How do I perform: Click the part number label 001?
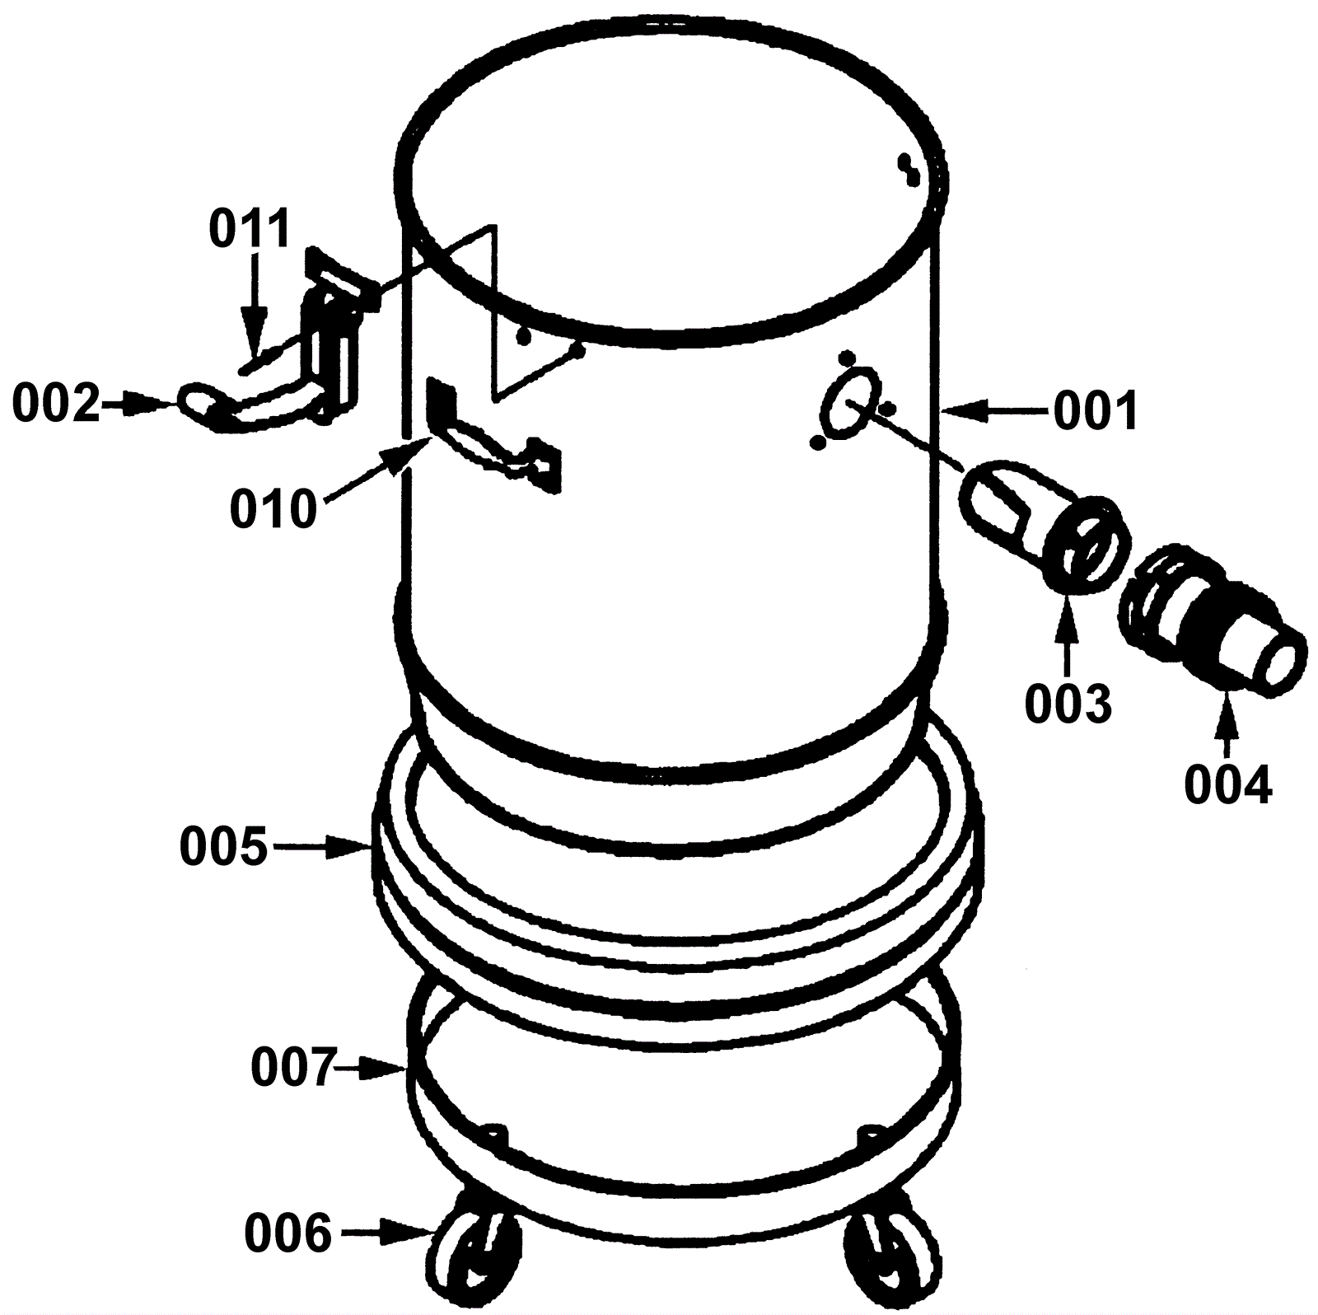1096,409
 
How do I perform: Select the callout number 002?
55,405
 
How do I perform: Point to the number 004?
1228,784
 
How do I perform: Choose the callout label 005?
224,846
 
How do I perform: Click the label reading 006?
288,1233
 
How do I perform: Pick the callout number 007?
294,1069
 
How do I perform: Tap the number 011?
250,228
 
